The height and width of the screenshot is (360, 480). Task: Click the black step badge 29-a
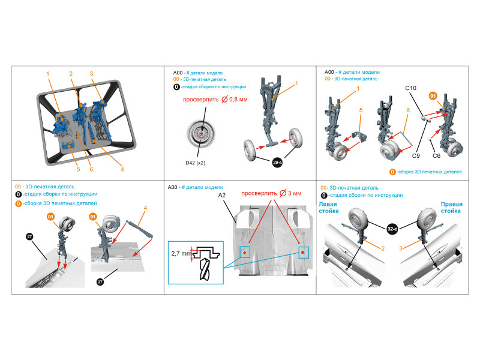pyautogui.click(x=277, y=162)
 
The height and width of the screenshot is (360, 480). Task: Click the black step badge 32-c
pyautogui.click(x=392, y=229)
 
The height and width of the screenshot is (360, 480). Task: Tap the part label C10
pyautogui.click(x=410, y=88)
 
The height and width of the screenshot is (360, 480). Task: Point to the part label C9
pyautogui.click(x=416, y=156)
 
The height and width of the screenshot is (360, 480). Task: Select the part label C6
pyautogui.click(x=436, y=156)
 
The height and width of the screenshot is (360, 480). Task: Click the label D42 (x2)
pyautogui.click(x=196, y=163)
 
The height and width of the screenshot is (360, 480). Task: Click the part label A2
pyautogui.click(x=221, y=196)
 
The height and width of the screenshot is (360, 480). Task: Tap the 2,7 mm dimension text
pyautogui.click(x=181, y=253)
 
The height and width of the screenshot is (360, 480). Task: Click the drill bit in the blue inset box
pyautogui.click(x=205, y=269)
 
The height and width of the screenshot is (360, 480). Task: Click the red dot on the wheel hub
pyautogui.click(x=202, y=133)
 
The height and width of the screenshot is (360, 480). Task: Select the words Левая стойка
pyautogui.click(x=328, y=208)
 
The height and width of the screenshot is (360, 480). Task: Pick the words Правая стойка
pyautogui.click(x=451, y=208)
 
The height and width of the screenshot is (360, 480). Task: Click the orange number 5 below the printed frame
pyautogui.click(x=79, y=169)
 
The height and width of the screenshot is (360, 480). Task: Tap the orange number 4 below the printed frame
pyautogui.click(x=122, y=169)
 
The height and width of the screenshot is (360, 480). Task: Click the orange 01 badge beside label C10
pyautogui.click(x=433, y=96)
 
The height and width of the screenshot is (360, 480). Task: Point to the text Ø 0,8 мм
pyautogui.click(x=234, y=99)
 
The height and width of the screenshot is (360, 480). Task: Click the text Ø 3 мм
pyautogui.click(x=290, y=193)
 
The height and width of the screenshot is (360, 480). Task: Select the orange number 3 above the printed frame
pyautogui.click(x=91, y=73)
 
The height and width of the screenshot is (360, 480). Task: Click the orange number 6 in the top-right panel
pyautogui.click(x=408, y=110)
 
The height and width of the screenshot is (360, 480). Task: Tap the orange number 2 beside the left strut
pyautogui.click(x=383, y=248)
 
